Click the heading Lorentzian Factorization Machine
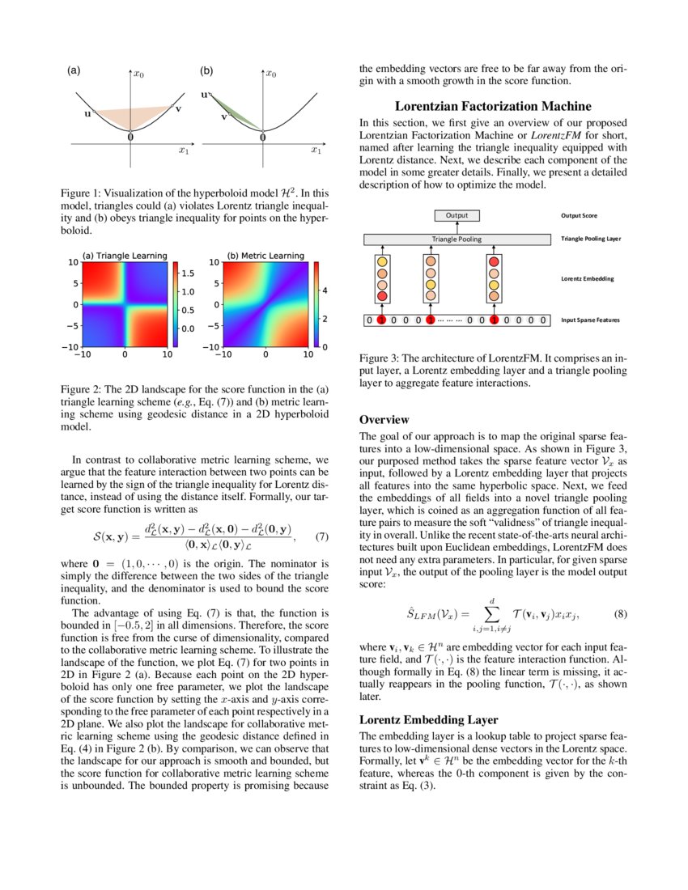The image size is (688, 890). click(493, 106)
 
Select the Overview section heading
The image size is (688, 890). click(384, 420)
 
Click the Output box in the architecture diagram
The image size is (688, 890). click(457, 216)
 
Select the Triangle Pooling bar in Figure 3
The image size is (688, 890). click(457, 239)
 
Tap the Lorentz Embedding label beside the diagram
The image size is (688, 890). click(588, 279)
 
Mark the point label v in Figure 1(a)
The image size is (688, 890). click(178, 108)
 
